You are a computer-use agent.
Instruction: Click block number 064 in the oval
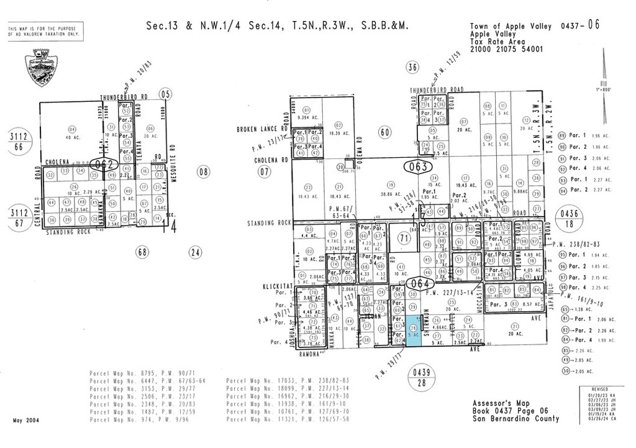point(419,284)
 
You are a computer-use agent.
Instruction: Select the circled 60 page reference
point(384,132)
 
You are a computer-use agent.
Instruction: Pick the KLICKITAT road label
point(275,288)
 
